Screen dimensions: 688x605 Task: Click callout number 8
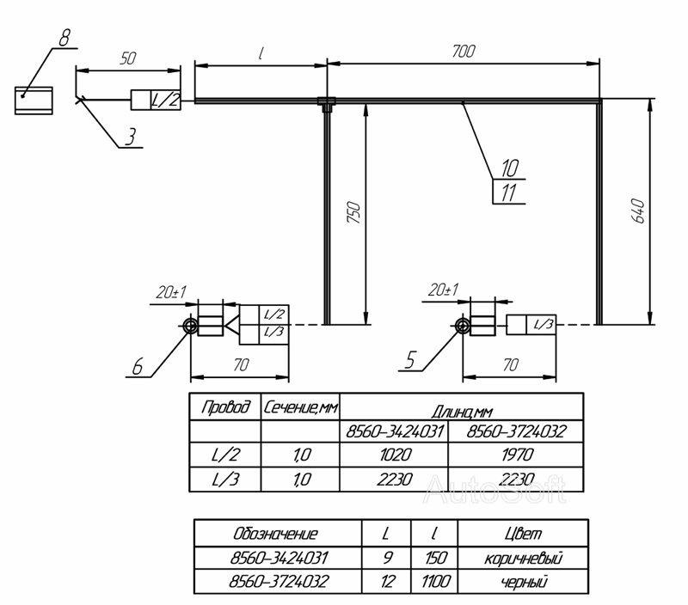point(64,37)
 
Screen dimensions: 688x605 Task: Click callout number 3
point(131,137)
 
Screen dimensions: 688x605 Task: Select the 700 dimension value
point(464,52)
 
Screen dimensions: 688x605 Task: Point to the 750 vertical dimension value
point(354,212)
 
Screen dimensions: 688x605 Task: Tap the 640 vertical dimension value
point(638,211)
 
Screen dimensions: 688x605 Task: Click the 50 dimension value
point(128,58)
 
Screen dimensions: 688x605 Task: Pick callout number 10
point(510,168)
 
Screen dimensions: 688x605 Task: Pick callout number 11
point(509,192)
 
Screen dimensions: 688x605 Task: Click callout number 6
point(138,366)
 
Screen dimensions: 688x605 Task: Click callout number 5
point(410,360)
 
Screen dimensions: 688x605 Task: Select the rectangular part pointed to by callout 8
point(34,101)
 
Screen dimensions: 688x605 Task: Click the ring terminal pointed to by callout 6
point(190,326)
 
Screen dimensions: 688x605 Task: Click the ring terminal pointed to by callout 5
point(463,326)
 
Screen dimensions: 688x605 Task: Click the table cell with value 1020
point(394,455)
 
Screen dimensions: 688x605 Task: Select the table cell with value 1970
point(516,455)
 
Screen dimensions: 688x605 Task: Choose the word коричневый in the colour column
point(523,559)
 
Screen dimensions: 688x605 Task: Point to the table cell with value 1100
point(435,582)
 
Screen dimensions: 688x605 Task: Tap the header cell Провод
point(225,407)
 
